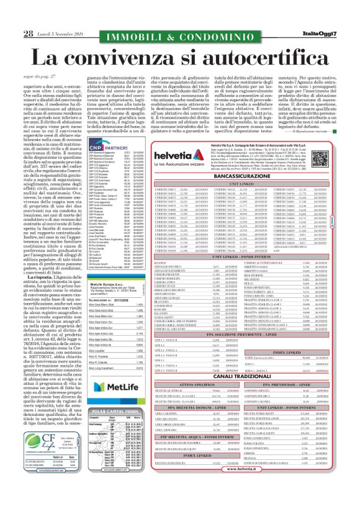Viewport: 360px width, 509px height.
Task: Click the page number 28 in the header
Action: [x=28, y=34]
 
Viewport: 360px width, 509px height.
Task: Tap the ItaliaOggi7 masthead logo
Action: [x=324, y=33]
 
